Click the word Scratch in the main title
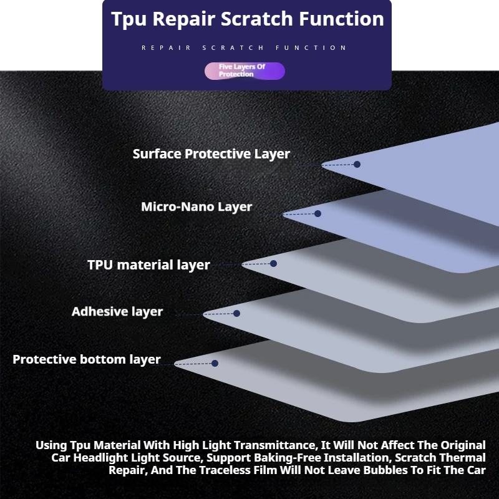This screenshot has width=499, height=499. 256,19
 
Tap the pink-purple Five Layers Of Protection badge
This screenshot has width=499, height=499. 245,70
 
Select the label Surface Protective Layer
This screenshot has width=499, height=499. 211,154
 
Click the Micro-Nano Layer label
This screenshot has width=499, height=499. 196,207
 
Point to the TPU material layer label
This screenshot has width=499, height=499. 148,264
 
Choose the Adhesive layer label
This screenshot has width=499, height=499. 117,311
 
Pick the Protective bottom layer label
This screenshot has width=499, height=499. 87,359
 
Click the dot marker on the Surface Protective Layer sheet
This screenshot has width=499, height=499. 357,164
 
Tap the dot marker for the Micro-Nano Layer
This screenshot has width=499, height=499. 317,213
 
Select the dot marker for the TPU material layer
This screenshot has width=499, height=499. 273,263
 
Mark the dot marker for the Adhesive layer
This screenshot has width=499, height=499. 236,314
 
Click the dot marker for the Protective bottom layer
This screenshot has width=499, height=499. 215,363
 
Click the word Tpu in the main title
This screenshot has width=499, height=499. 128,20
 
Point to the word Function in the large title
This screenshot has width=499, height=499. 341,19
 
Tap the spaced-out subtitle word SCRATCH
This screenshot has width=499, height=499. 233,48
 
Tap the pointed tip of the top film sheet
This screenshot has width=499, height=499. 322,165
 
